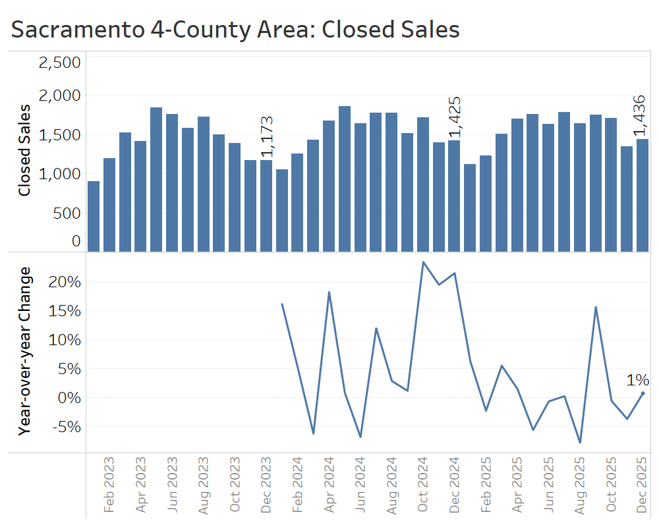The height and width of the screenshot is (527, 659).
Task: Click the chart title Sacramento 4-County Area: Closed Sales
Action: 235,30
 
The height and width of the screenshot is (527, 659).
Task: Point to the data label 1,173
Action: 267,137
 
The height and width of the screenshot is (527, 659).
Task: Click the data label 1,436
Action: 640,116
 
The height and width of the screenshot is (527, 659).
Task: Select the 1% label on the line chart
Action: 637,380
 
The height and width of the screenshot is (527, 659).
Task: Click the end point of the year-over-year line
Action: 643,393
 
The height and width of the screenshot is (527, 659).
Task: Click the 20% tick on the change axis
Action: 65,282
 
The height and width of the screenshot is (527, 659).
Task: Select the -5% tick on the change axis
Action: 65,427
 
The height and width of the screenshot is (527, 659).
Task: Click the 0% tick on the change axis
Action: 68,398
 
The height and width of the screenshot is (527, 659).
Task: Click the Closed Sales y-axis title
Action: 24,150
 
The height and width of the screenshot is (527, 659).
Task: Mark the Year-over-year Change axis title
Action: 25,351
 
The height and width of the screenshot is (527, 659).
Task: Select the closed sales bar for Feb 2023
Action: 109,204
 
